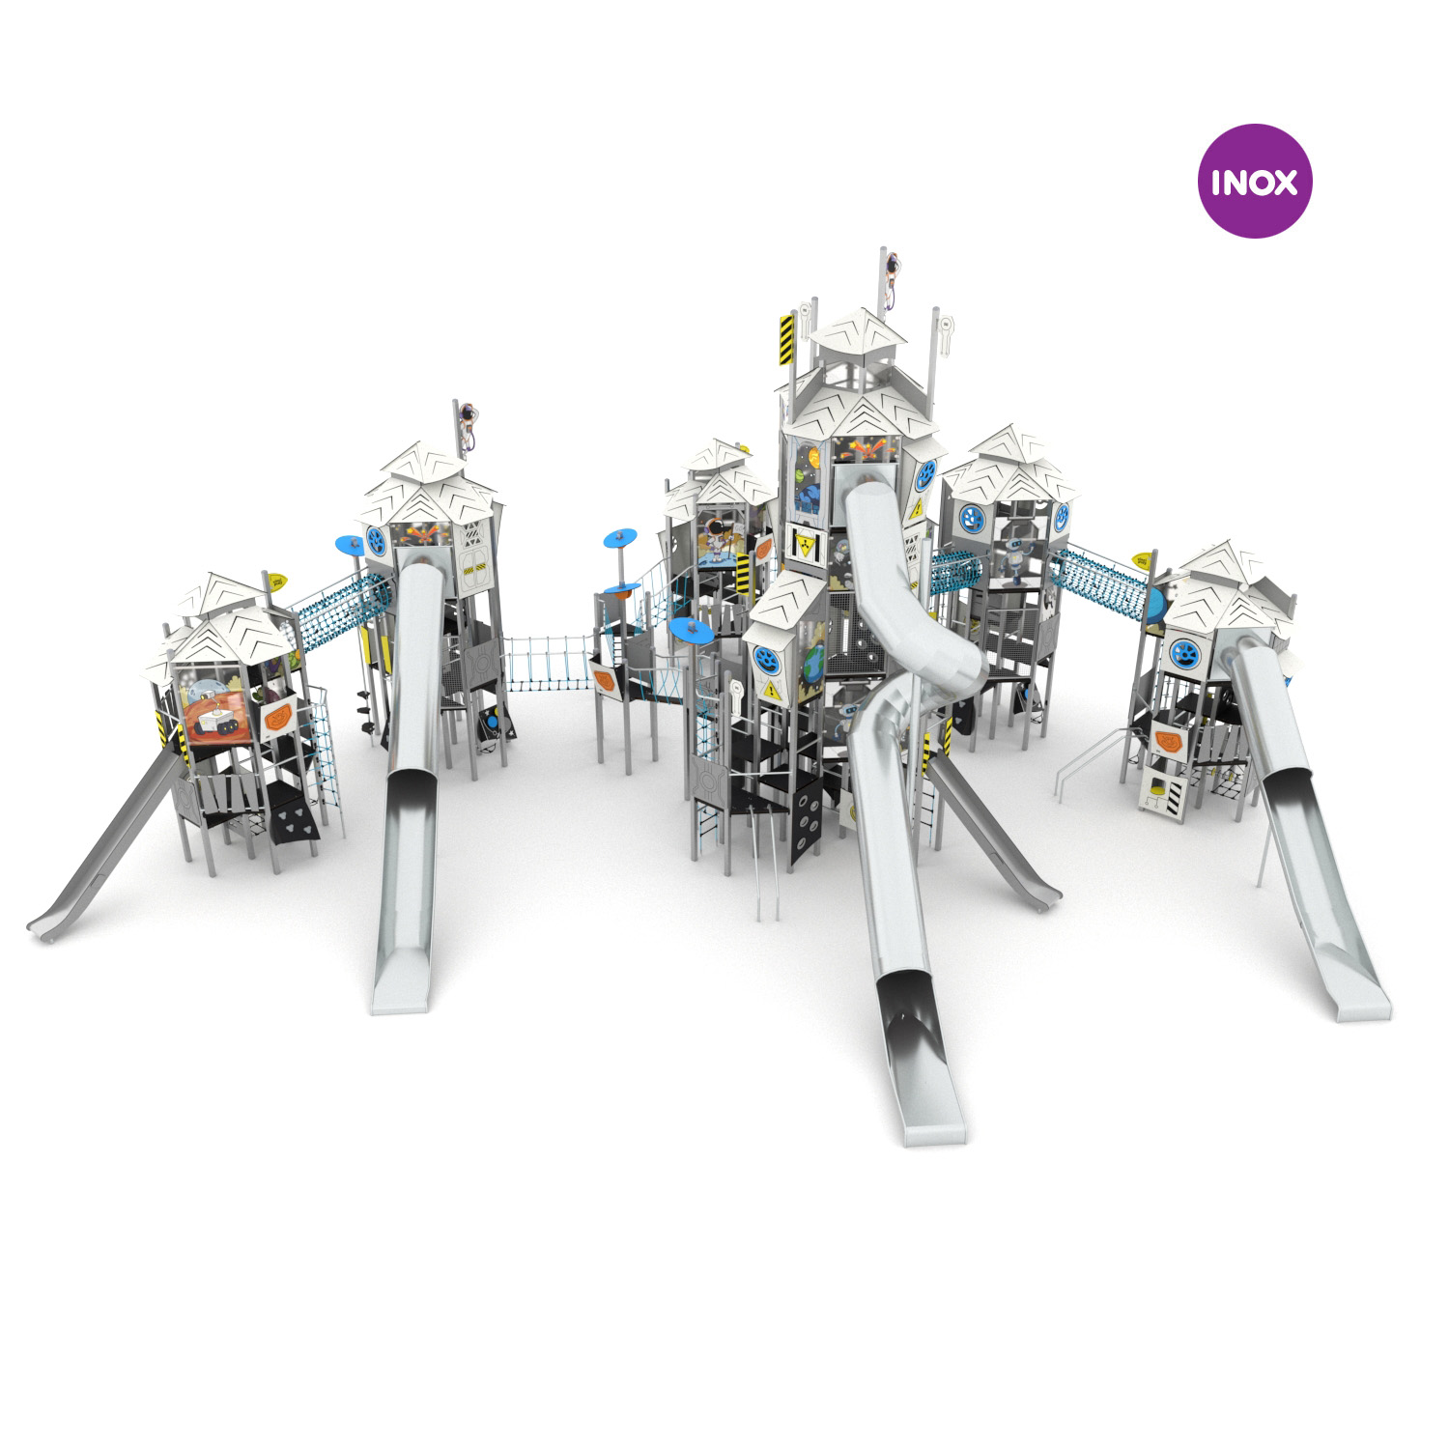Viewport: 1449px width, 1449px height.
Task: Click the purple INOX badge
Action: (x=1255, y=181)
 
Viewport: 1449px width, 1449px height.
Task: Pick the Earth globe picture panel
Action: (x=813, y=670)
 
